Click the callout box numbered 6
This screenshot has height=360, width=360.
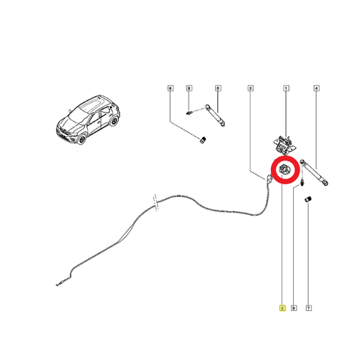point(170,89)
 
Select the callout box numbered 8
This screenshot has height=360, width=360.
point(189,89)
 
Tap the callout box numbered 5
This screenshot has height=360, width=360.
point(218,89)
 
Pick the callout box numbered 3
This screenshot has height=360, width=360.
point(251,89)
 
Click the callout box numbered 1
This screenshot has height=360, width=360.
point(286,89)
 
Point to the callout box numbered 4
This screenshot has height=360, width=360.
point(317,89)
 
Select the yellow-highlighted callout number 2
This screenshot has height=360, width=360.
point(282,308)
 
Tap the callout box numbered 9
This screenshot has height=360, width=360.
point(294,308)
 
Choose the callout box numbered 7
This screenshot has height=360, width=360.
point(309,308)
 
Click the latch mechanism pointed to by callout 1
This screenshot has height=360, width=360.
point(284,144)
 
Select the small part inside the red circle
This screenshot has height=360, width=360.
point(285,169)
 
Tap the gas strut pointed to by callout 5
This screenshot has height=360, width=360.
point(215,115)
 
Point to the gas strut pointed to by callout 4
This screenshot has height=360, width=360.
point(315,172)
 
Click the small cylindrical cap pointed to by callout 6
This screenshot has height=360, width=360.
point(204,140)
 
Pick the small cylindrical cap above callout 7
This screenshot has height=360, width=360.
point(307,199)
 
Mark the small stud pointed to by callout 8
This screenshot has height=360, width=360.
point(189,112)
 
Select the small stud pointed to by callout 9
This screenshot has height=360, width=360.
point(302,182)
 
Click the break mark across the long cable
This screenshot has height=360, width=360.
point(156,203)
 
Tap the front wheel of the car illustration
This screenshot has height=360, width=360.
point(81,139)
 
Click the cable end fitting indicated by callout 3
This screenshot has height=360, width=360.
point(269,179)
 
